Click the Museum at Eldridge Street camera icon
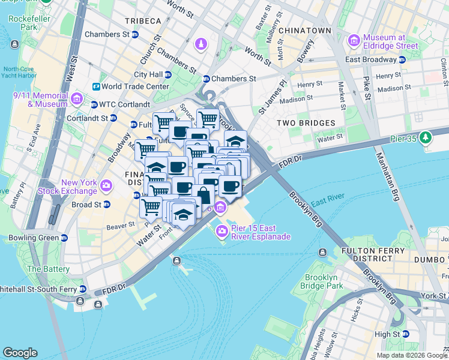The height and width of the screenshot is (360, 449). (354, 40)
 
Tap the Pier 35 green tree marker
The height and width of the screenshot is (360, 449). (426, 137)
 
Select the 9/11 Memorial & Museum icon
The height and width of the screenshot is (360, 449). (76, 98)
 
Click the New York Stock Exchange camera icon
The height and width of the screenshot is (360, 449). (106, 185)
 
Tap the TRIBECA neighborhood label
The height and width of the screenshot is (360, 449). (143, 21)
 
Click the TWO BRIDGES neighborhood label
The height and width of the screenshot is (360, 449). (306, 123)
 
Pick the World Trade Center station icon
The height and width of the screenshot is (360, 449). (95, 86)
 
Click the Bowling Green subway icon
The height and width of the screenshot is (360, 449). (63, 238)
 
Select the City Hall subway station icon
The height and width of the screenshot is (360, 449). (168, 74)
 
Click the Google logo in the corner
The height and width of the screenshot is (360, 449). (20, 353)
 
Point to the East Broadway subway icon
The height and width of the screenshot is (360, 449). (403, 59)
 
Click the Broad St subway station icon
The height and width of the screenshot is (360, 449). (106, 205)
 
